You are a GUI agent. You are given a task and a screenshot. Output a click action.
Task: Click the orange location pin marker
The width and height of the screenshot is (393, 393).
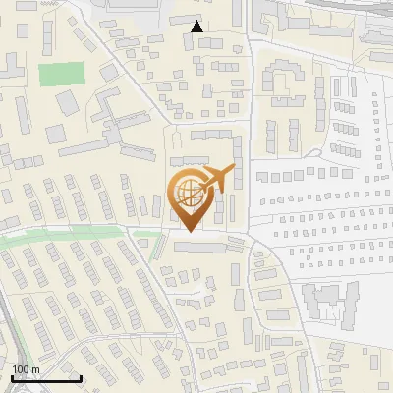point(190,196)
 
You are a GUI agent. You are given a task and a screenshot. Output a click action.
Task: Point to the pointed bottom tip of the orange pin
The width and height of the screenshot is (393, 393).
point(188,232)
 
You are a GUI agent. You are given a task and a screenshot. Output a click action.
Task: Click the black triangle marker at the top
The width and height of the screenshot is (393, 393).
point(197,27)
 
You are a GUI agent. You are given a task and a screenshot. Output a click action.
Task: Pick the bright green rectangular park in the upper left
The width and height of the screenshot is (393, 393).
point(62,75)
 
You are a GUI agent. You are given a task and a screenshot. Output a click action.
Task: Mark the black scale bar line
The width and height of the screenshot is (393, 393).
point(46,379)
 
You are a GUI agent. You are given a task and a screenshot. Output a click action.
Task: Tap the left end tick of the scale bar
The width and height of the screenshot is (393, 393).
point(12,377)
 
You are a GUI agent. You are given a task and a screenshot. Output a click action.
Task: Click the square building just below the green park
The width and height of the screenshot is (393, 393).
point(67,102)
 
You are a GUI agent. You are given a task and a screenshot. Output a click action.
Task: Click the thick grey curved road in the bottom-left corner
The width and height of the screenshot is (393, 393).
point(10,334)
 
